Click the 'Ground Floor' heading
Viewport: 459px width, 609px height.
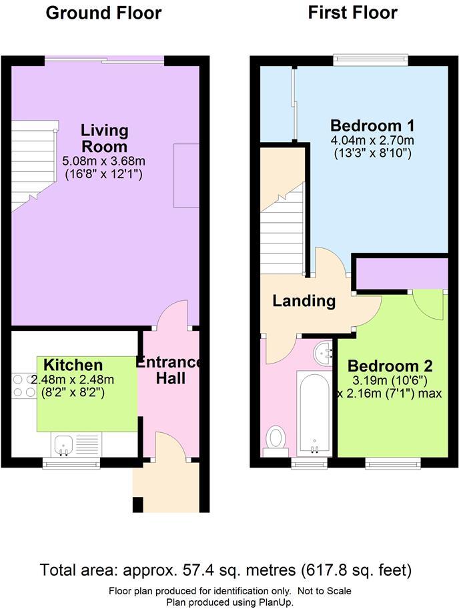pyautogui.click(x=103, y=13)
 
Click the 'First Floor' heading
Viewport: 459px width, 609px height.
pyautogui.click(x=352, y=13)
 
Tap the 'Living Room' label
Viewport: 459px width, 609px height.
pyautogui.click(x=104, y=138)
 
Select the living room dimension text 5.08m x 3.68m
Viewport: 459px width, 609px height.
pyautogui.click(x=104, y=161)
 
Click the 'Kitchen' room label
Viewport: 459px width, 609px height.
pyautogui.click(x=73, y=365)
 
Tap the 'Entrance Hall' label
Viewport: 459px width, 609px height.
pyautogui.click(x=170, y=370)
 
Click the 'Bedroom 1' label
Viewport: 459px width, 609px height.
pyautogui.click(x=373, y=125)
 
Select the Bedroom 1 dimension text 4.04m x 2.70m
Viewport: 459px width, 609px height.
pyautogui.click(x=373, y=140)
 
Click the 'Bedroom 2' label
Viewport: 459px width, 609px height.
pyautogui.click(x=390, y=366)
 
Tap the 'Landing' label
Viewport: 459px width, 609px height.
pyautogui.click(x=304, y=301)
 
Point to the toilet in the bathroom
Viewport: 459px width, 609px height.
pyautogui.click(x=276, y=440)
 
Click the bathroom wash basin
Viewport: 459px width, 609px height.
pyautogui.click(x=323, y=352)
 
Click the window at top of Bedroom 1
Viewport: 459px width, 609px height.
pyautogui.click(x=371, y=60)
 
